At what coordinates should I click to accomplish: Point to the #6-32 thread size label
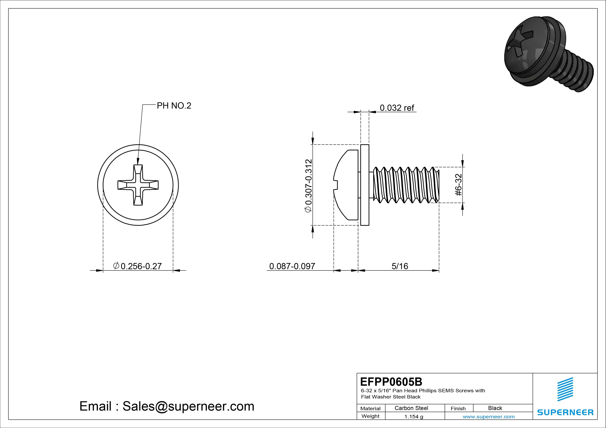(x=459, y=185)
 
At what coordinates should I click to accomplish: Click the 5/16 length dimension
(x=400, y=266)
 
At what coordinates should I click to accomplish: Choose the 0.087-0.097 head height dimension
(x=292, y=266)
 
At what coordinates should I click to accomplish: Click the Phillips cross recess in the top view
(x=138, y=185)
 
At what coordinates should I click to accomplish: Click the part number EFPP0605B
(x=391, y=382)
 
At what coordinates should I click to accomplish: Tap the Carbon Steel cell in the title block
(x=411, y=408)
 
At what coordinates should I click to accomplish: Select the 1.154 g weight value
(x=414, y=417)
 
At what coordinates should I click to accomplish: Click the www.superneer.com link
(x=488, y=417)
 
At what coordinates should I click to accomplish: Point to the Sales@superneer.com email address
(x=188, y=406)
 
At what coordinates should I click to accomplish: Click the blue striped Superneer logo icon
(x=565, y=389)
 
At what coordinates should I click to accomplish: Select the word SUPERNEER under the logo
(x=565, y=412)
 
